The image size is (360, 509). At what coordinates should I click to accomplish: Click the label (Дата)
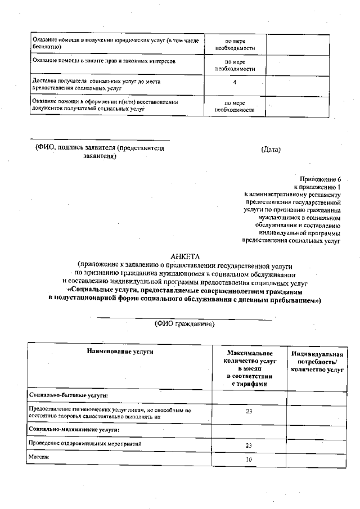271,149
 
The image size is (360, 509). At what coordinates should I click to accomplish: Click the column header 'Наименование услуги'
120,352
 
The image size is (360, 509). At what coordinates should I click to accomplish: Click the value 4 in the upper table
235,82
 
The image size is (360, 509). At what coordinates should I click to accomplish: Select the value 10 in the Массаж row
248,460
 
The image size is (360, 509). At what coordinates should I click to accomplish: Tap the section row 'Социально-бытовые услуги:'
67,396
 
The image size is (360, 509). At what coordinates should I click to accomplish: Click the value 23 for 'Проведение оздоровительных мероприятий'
248,445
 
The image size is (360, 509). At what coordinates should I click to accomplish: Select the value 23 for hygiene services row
248,411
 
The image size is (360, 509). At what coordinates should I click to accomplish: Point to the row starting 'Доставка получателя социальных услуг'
96,84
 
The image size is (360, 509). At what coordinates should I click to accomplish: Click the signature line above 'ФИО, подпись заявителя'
100,139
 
